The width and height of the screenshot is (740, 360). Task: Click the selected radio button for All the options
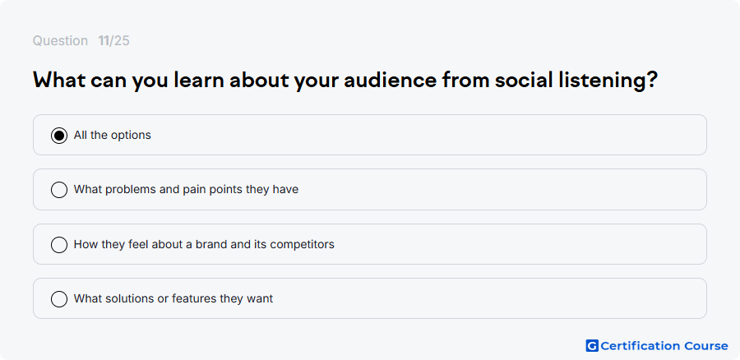click(x=59, y=136)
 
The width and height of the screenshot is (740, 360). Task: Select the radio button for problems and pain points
click(x=59, y=190)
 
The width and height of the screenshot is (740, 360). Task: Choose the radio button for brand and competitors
click(x=59, y=244)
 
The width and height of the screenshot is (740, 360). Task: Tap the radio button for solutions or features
click(x=59, y=299)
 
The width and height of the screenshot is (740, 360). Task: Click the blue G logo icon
click(x=592, y=346)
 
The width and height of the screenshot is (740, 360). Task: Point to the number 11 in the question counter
click(x=104, y=41)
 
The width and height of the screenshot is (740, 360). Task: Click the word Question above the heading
click(x=60, y=41)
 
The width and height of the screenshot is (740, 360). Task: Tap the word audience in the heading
click(x=391, y=81)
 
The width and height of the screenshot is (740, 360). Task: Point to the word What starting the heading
click(x=59, y=81)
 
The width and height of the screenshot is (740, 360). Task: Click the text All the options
click(x=113, y=136)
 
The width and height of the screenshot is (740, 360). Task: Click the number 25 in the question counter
click(x=122, y=41)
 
